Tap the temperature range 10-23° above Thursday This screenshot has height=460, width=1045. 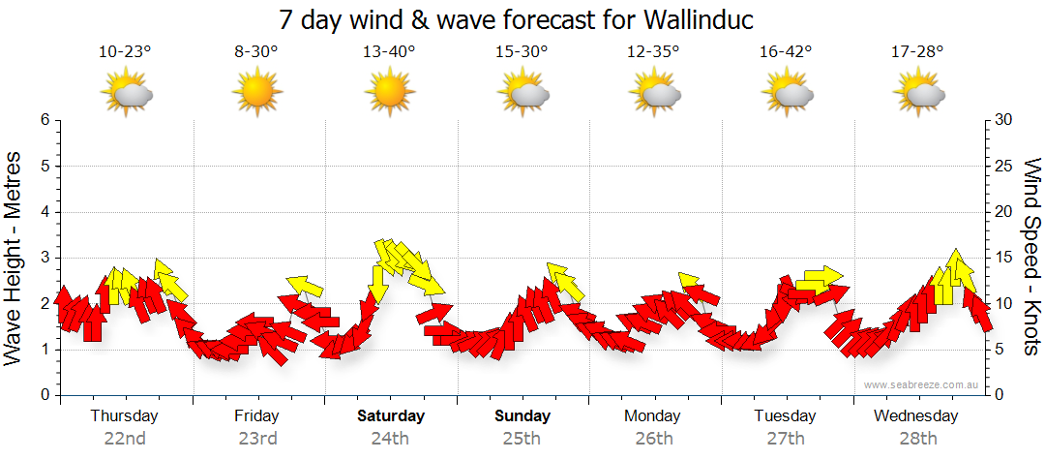[x=125, y=52]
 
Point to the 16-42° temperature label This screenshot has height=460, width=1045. [x=785, y=52]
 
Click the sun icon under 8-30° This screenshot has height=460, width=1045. [x=256, y=93]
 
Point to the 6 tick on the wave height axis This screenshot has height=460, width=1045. [x=45, y=120]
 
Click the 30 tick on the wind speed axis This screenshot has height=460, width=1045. [x=1005, y=120]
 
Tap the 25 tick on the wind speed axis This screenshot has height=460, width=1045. [x=1005, y=166]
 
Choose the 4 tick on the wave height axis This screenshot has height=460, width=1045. [x=45, y=212]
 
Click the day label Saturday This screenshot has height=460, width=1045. [x=391, y=416]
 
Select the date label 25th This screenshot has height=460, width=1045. [x=522, y=438]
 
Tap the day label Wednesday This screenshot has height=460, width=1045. [x=915, y=416]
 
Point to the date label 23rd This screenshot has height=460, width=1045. [x=257, y=438]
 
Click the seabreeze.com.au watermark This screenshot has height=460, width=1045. [x=922, y=384]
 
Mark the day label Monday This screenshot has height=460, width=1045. [x=653, y=416]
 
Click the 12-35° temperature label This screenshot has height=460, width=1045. [x=653, y=52]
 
